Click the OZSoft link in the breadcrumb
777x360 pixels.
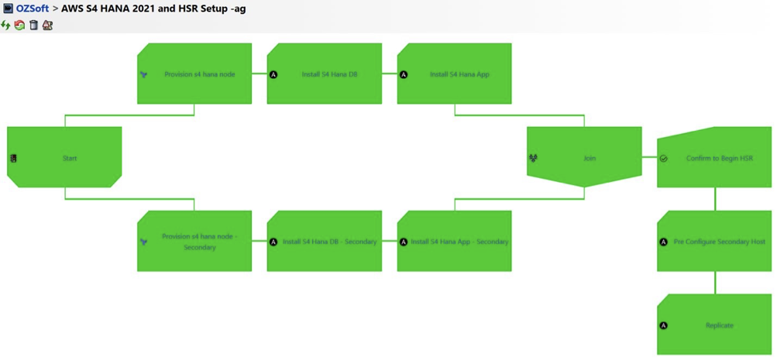click(32, 9)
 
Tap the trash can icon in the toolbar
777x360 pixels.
click(33, 26)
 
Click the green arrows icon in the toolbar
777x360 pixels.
click(6, 26)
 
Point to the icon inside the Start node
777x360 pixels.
click(13, 159)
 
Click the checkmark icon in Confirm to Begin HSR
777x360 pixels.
click(663, 159)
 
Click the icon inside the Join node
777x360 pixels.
click(533, 159)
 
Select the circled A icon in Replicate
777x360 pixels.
click(663, 326)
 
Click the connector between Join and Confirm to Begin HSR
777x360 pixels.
click(649, 158)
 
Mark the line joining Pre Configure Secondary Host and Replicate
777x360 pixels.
click(714, 283)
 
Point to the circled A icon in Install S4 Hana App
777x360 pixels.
click(404, 75)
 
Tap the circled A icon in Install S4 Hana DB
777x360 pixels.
click(273, 75)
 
